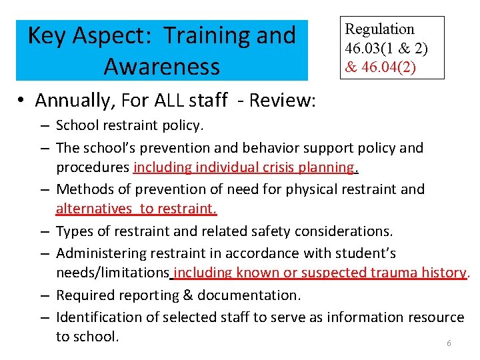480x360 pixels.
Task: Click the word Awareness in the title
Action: pos(162,67)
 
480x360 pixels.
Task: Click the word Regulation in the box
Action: pos(379,29)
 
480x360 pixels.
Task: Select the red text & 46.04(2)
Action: pos(380,67)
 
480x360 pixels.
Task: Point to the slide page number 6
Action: pos(449,343)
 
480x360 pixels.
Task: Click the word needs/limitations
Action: pos(112,273)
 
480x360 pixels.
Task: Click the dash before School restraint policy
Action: pos(43,125)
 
